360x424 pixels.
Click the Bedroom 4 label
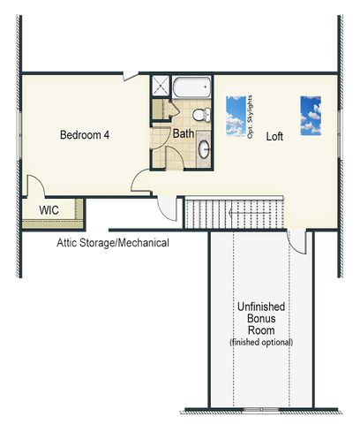coord(85,135)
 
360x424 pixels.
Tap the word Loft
coord(274,136)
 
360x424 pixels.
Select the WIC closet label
coord(49,210)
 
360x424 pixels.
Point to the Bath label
coord(184,133)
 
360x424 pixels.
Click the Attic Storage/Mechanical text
coord(113,243)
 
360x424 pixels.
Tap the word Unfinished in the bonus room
coord(261,307)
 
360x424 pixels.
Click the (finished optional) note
coord(261,342)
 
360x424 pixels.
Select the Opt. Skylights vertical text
coord(250,117)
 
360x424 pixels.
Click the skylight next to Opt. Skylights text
coord(236,116)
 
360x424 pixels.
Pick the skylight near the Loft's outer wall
coord(311,116)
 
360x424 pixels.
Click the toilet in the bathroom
coord(201,115)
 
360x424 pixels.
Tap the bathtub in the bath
coord(191,87)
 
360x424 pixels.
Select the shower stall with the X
coord(161,86)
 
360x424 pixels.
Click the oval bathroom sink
coord(204,149)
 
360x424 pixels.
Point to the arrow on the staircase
coord(250,213)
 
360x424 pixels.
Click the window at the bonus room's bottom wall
coord(261,409)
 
